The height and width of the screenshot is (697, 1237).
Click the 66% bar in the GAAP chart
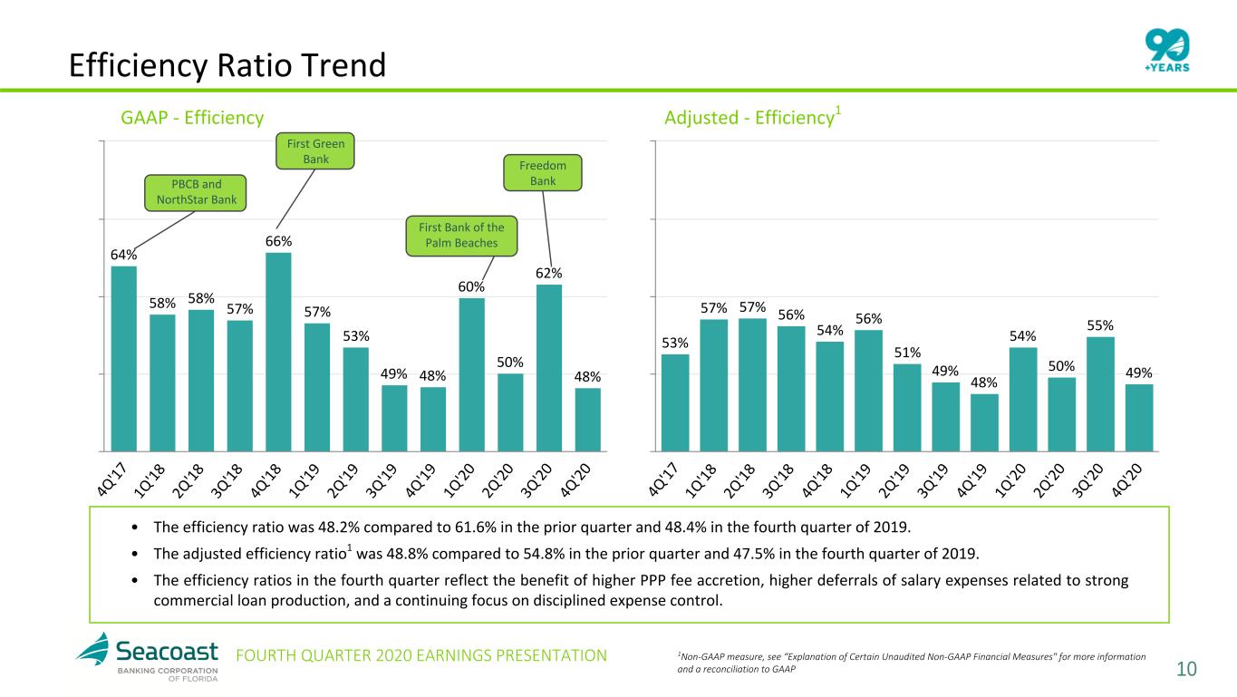click(278, 352)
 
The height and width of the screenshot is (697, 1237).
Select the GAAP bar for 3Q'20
click(549, 368)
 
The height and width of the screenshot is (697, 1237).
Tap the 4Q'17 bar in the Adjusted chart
click(675, 402)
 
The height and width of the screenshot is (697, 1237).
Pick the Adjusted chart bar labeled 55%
click(1100, 393)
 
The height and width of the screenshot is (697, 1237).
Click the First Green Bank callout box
click(315, 150)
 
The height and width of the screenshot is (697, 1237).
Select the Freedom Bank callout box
click(542, 173)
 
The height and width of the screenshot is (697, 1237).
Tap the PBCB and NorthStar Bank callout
click(196, 193)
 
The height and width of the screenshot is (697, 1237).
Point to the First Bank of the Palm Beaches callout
click(461, 236)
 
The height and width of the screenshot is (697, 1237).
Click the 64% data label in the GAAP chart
click(123, 255)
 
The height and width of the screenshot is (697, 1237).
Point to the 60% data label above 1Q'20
click(471, 286)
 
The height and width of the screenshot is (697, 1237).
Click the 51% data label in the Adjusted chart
click(907, 353)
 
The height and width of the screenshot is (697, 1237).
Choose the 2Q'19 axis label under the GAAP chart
click(343, 481)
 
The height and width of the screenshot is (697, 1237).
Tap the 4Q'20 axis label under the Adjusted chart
click(1126, 481)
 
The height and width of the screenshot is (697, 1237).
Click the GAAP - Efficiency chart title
click(192, 118)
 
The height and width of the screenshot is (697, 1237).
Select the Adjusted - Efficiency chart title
click(752, 117)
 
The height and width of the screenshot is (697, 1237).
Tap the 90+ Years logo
click(1167, 50)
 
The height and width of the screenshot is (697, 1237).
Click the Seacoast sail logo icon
click(92, 649)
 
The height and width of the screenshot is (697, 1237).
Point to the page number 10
click(1186, 669)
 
